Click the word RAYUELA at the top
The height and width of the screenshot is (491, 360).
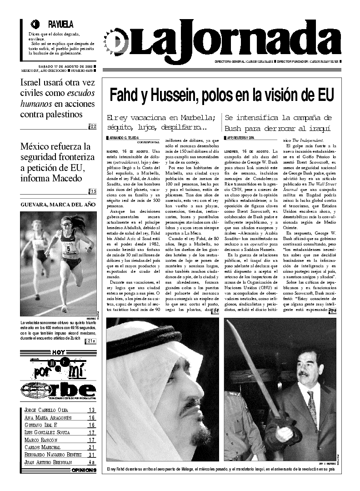click(x=60, y=25)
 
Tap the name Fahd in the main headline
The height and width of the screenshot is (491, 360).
click(x=124, y=95)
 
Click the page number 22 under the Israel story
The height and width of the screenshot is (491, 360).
click(x=93, y=126)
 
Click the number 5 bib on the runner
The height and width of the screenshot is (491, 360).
click(x=69, y=249)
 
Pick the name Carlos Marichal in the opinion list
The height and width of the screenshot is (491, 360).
click(x=43, y=447)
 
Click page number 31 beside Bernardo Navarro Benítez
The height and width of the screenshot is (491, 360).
click(x=92, y=454)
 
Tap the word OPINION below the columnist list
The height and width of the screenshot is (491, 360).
click(x=84, y=470)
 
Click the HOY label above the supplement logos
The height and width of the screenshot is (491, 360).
click(x=58, y=352)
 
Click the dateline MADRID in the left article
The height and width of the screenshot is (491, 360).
click(x=114, y=151)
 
